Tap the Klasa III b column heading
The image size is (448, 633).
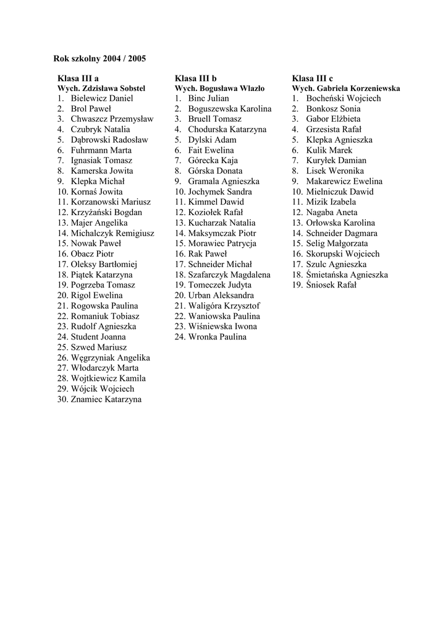pyautogui.click(x=195, y=79)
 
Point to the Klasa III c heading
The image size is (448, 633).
pyautogui.click(x=312, y=79)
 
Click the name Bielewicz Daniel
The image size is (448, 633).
pyautogui.click(x=101, y=98)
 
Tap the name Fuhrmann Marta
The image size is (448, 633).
pyautogui.click(x=101, y=150)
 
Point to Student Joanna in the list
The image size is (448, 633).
pyautogui.click(x=98, y=337)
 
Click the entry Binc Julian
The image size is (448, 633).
pyautogui.click(x=208, y=98)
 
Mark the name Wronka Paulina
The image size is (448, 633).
pyautogui.click(x=217, y=337)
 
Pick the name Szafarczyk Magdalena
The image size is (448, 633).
pyautogui.click(x=229, y=274)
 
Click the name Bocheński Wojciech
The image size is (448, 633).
pyautogui.click(x=344, y=98)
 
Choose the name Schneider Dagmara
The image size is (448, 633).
pyautogui.click(x=342, y=233)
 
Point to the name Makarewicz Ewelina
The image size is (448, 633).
pyautogui.click(x=344, y=181)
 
